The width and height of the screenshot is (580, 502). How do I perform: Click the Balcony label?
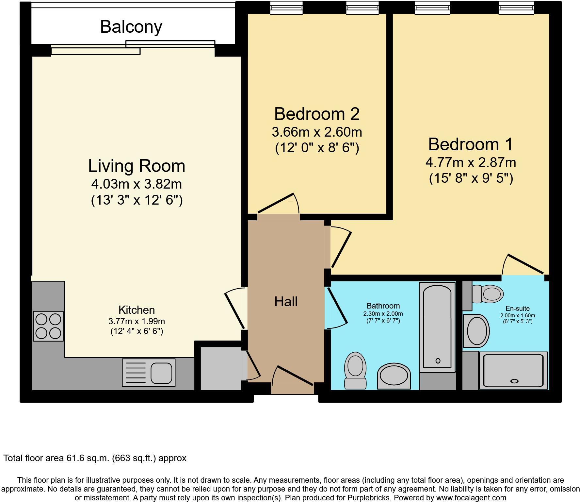(x=131, y=27)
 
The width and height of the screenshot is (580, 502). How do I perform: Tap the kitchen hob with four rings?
(x=48, y=326)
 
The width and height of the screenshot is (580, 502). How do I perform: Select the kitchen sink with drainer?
(x=149, y=373)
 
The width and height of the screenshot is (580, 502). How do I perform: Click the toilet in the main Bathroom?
(x=356, y=371)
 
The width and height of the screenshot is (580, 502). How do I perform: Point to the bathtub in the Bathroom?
(x=438, y=327)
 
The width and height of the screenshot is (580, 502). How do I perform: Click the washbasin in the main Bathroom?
(x=394, y=376)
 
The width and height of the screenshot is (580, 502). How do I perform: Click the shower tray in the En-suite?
(x=513, y=370)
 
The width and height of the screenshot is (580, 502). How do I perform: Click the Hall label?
(x=286, y=302)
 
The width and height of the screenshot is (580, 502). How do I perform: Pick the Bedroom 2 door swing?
(x=278, y=204)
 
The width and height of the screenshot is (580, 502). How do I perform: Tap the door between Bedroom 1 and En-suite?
(x=523, y=264)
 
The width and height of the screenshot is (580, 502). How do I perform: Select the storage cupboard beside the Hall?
(x=221, y=368)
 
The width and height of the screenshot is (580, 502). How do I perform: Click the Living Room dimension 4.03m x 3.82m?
(x=137, y=184)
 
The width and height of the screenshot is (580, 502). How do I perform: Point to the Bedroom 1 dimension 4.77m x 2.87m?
(x=471, y=162)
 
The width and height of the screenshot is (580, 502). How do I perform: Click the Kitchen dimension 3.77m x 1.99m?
(x=137, y=321)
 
